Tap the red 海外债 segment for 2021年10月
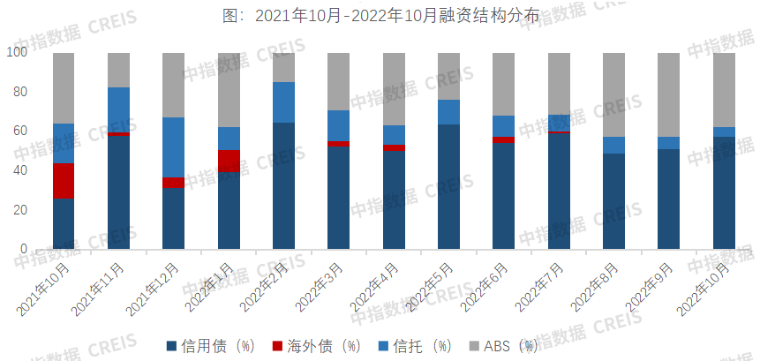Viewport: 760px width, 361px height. pyautogui.click(x=64, y=181)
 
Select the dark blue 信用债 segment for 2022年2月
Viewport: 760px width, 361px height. pyautogui.click(x=283, y=185)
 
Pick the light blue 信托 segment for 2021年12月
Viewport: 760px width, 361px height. pyautogui.click(x=174, y=147)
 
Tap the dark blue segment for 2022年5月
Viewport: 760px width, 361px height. pyautogui.click(x=448, y=186)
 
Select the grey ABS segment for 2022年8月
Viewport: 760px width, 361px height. pyautogui.click(x=613, y=94)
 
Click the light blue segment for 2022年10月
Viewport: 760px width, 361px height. pyautogui.click(x=724, y=132)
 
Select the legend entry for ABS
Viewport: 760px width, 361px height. pyautogui.click(x=509, y=345)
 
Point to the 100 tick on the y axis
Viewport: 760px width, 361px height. pyautogui.click(x=18, y=52)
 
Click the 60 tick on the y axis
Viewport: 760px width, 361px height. pyautogui.click(x=20, y=131)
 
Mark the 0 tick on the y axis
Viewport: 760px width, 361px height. pyautogui.click(x=24, y=249)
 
